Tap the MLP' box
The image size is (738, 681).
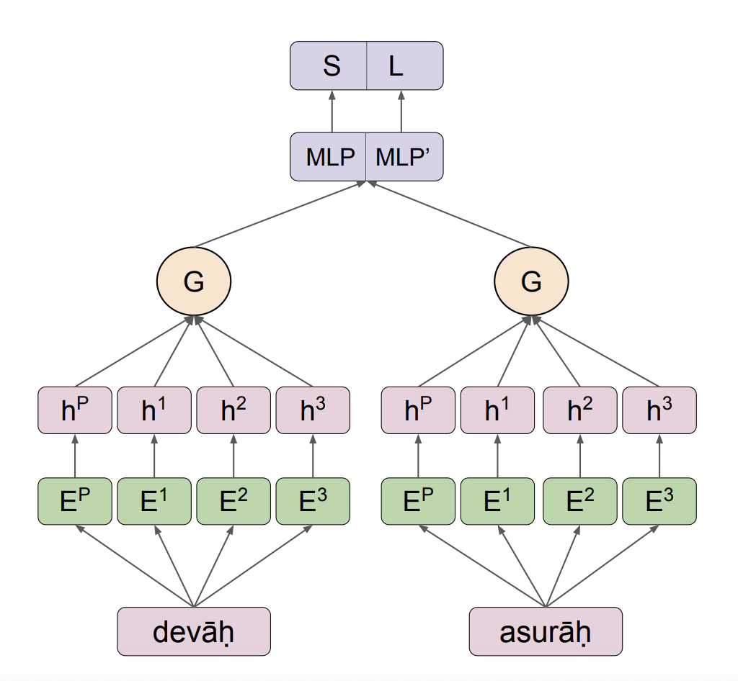tap(404, 156)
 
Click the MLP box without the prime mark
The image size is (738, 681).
tap(329, 156)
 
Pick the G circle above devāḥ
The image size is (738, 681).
tap(193, 282)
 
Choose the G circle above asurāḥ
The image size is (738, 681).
tap(531, 282)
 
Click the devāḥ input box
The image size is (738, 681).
tap(194, 631)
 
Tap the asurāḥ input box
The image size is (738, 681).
tap(546, 631)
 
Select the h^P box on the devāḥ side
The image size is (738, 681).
tap(75, 411)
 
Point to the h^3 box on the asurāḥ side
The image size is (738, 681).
tap(659, 411)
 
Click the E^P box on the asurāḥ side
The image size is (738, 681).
tap(418, 501)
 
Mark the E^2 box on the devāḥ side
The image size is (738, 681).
tap(233, 501)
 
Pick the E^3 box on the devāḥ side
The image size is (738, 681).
tap(313, 501)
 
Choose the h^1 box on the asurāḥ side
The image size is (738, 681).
tap(497, 411)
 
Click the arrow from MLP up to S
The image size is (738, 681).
tap(332, 112)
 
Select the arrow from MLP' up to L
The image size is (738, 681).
tap(401, 112)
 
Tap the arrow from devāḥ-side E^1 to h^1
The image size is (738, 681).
tap(154, 456)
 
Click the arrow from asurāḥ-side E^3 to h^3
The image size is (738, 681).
tap(659, 456)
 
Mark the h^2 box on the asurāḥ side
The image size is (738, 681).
tap(579, 411)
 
